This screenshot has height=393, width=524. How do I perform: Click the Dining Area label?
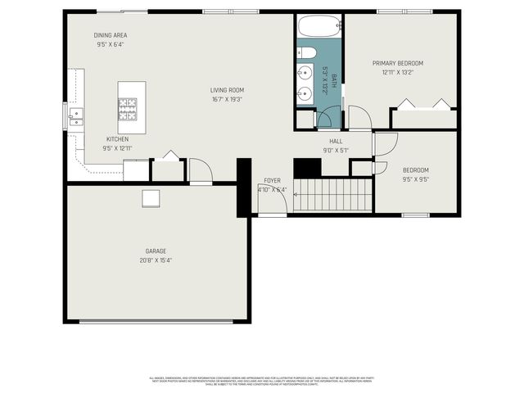(x=110, y=35)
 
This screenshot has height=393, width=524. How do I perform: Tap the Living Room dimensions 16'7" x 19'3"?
(x=227, y=100)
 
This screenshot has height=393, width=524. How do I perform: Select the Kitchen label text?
(x=117, y=139)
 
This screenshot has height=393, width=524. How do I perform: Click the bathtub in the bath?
(x=318, y=26)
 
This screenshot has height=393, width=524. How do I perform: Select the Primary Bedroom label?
(x=398, y=63)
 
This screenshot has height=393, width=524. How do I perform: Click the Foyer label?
(x=272, y=180)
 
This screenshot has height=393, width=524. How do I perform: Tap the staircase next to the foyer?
(x=332, y=195)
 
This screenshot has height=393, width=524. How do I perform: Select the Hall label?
(x=336, y=141)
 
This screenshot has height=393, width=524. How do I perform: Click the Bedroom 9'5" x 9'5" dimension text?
(x=415, y=178)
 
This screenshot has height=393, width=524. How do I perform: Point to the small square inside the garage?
(x=151, y=198)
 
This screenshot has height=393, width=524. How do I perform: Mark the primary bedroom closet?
(x=423, y=119)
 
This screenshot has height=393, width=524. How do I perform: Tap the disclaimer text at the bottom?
(x=262, y=382)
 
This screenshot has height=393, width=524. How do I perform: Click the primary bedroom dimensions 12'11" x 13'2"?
(x=398, y=72)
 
